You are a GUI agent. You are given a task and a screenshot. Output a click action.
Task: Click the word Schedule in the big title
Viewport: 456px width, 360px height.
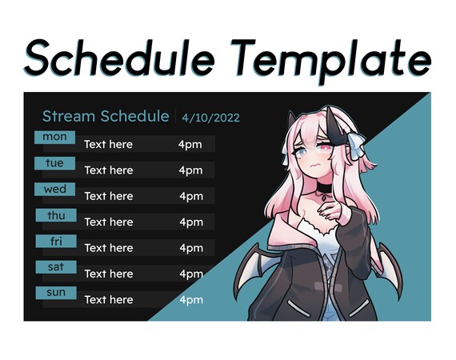(119, 58)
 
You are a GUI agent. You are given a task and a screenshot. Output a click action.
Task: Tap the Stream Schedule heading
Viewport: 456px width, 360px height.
(105, 117)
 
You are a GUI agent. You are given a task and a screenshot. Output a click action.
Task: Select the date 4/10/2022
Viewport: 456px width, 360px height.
(210, 118)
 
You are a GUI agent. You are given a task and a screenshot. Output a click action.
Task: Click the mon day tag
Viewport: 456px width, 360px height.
(54, 137)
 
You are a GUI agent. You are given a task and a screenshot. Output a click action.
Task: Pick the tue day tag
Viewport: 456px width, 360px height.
(54, 163)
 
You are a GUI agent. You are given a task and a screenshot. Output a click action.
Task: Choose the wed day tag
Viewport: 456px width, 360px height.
(54, 190)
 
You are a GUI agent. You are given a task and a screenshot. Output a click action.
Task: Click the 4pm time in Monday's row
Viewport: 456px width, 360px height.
(190, 145)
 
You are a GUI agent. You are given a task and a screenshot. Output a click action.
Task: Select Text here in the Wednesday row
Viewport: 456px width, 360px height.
(108, 196)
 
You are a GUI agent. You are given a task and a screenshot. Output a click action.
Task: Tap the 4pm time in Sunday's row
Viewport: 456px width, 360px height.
(190, 300)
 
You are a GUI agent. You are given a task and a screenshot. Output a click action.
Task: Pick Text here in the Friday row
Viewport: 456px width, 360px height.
(108, 248)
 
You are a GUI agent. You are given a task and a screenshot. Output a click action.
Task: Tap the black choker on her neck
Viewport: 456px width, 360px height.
(324, 190)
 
